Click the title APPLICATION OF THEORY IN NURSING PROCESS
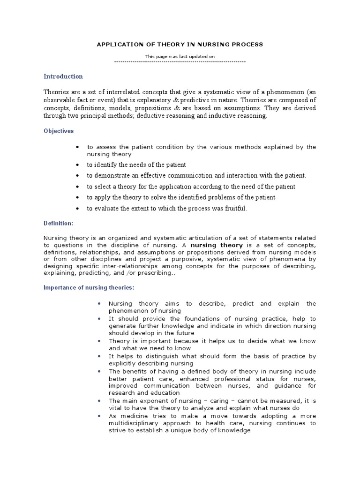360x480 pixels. point(180,45)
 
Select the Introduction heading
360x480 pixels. point(63,76)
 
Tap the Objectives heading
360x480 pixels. point(59,131)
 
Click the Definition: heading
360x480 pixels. point(59,224)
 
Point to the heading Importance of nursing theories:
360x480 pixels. point(89,287)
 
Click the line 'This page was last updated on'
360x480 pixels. point(180,57)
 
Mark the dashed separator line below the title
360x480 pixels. point(180,61)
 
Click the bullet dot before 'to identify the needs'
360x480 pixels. point(77,165)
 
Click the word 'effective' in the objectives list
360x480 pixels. point(159,176)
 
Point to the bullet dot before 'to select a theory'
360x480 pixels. point(77,187)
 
